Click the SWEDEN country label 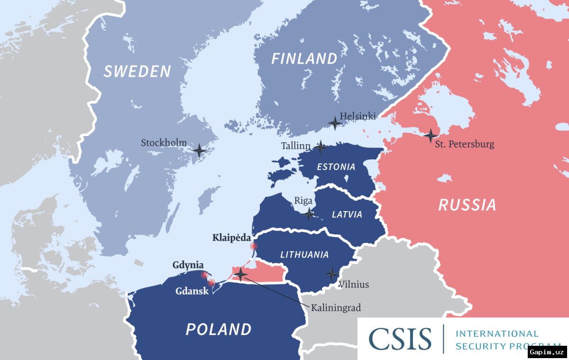pyautogui.click(x=137, y=71)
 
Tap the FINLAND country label pyautogui.click(x=304, y=59)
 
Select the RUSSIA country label pyautogui.click(x=467, y=205)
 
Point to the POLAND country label pyautogui.click(x=219, y=329)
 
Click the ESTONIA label pyautogui.click(x=336, y=167)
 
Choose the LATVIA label pyautogui.click(x=347, y=215)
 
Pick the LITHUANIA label pyautogui.click(x=304, y=255)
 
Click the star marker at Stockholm pyautogui.click(x=200, y=151)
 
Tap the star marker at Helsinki pyautogui.click(x=335, y=123)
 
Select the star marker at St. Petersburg pyautogui.click(x=431, y=136)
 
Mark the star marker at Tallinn pyautogui.click(x=321, y=147)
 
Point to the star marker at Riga pyautogui.click(x=309, y=214)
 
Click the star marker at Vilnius pyautogui.click(x=332, y=274)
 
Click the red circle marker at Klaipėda pyautogui.click(x=254, y=246)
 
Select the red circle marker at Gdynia pyautogui.click(x=204, y=275)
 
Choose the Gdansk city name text pyautogui.click(x=192, y=291)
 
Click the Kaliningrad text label pyautogui.click(x=336, y=308)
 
